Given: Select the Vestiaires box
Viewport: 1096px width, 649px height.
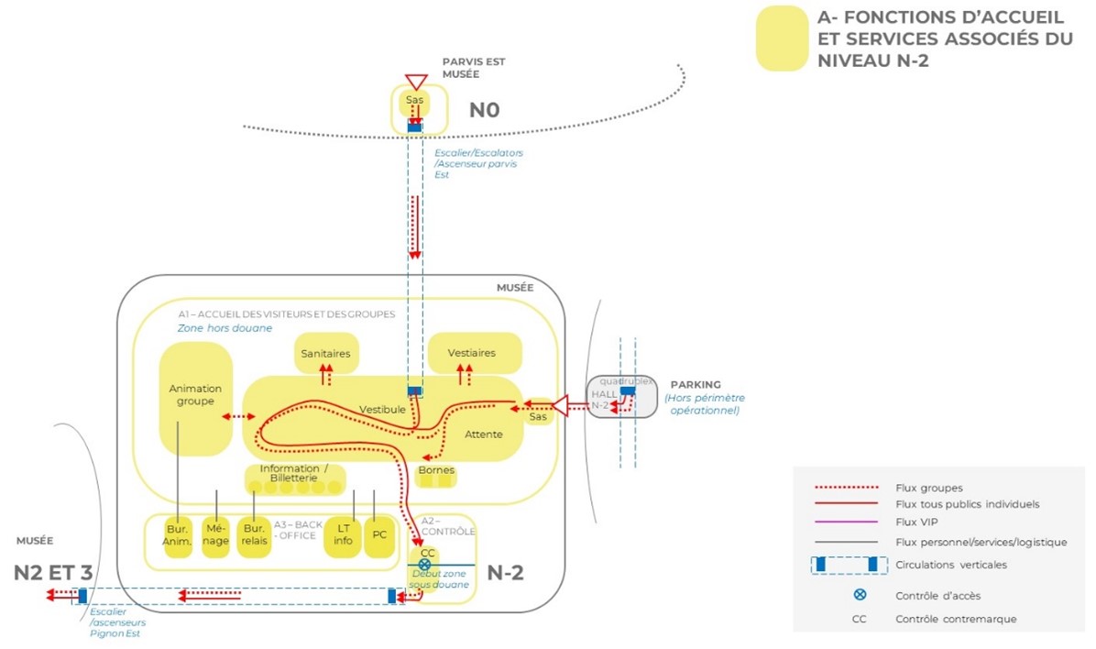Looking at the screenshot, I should [x=473, y=353].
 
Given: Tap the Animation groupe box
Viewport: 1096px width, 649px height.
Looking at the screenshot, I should [x=195, y=396].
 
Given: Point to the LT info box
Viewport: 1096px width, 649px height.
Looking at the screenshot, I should [x=344, y=534].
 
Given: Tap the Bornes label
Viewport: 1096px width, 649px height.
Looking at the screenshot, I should [x=435, y=470].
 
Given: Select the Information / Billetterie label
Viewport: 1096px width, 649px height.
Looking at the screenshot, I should [x=294, y=472].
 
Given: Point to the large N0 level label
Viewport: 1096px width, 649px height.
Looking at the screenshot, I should [x=485, y=112].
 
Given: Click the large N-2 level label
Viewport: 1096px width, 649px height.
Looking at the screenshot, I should [x=505, y=575].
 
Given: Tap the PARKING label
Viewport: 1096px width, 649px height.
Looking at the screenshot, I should [x=696, y=384].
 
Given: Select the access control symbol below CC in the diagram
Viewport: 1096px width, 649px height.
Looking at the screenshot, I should [x=424, y=565].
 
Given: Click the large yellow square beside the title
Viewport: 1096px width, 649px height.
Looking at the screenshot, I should [x=781, y=38].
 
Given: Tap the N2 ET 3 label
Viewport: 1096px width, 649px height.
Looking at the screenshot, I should [x=53, y=573].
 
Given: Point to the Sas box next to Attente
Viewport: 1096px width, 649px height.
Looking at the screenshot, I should [x=538, y=417].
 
